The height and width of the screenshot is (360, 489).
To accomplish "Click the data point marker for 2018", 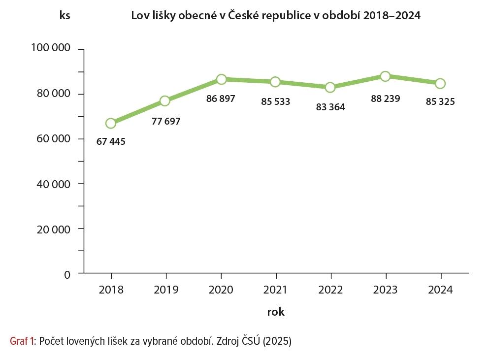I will coord(111,123).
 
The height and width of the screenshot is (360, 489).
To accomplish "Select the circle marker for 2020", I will coord(221,79).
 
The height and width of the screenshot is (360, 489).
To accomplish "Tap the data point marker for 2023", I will coord(386,76).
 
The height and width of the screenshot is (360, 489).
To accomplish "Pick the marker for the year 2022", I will coord(330,87).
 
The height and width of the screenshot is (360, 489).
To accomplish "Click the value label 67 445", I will coord(111,142).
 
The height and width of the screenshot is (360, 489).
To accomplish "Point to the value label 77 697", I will coord(166,121).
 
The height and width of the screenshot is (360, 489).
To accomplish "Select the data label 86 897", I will coord(221,98).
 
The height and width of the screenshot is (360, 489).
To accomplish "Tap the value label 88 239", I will coord(385,98).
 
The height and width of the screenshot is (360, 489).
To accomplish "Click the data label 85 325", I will coord(440,102).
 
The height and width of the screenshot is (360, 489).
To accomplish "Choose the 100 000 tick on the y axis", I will coord(51,48).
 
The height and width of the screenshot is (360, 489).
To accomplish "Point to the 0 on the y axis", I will coord(68,274).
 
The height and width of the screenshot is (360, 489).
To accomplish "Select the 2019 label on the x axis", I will coord(166,290).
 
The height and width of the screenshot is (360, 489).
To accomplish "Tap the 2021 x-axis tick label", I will coord(276,290).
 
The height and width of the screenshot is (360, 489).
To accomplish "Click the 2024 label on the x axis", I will coord(440,290).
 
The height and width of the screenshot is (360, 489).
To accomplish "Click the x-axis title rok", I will coord(276,312).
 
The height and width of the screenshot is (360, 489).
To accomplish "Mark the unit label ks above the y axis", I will coord(65,15).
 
